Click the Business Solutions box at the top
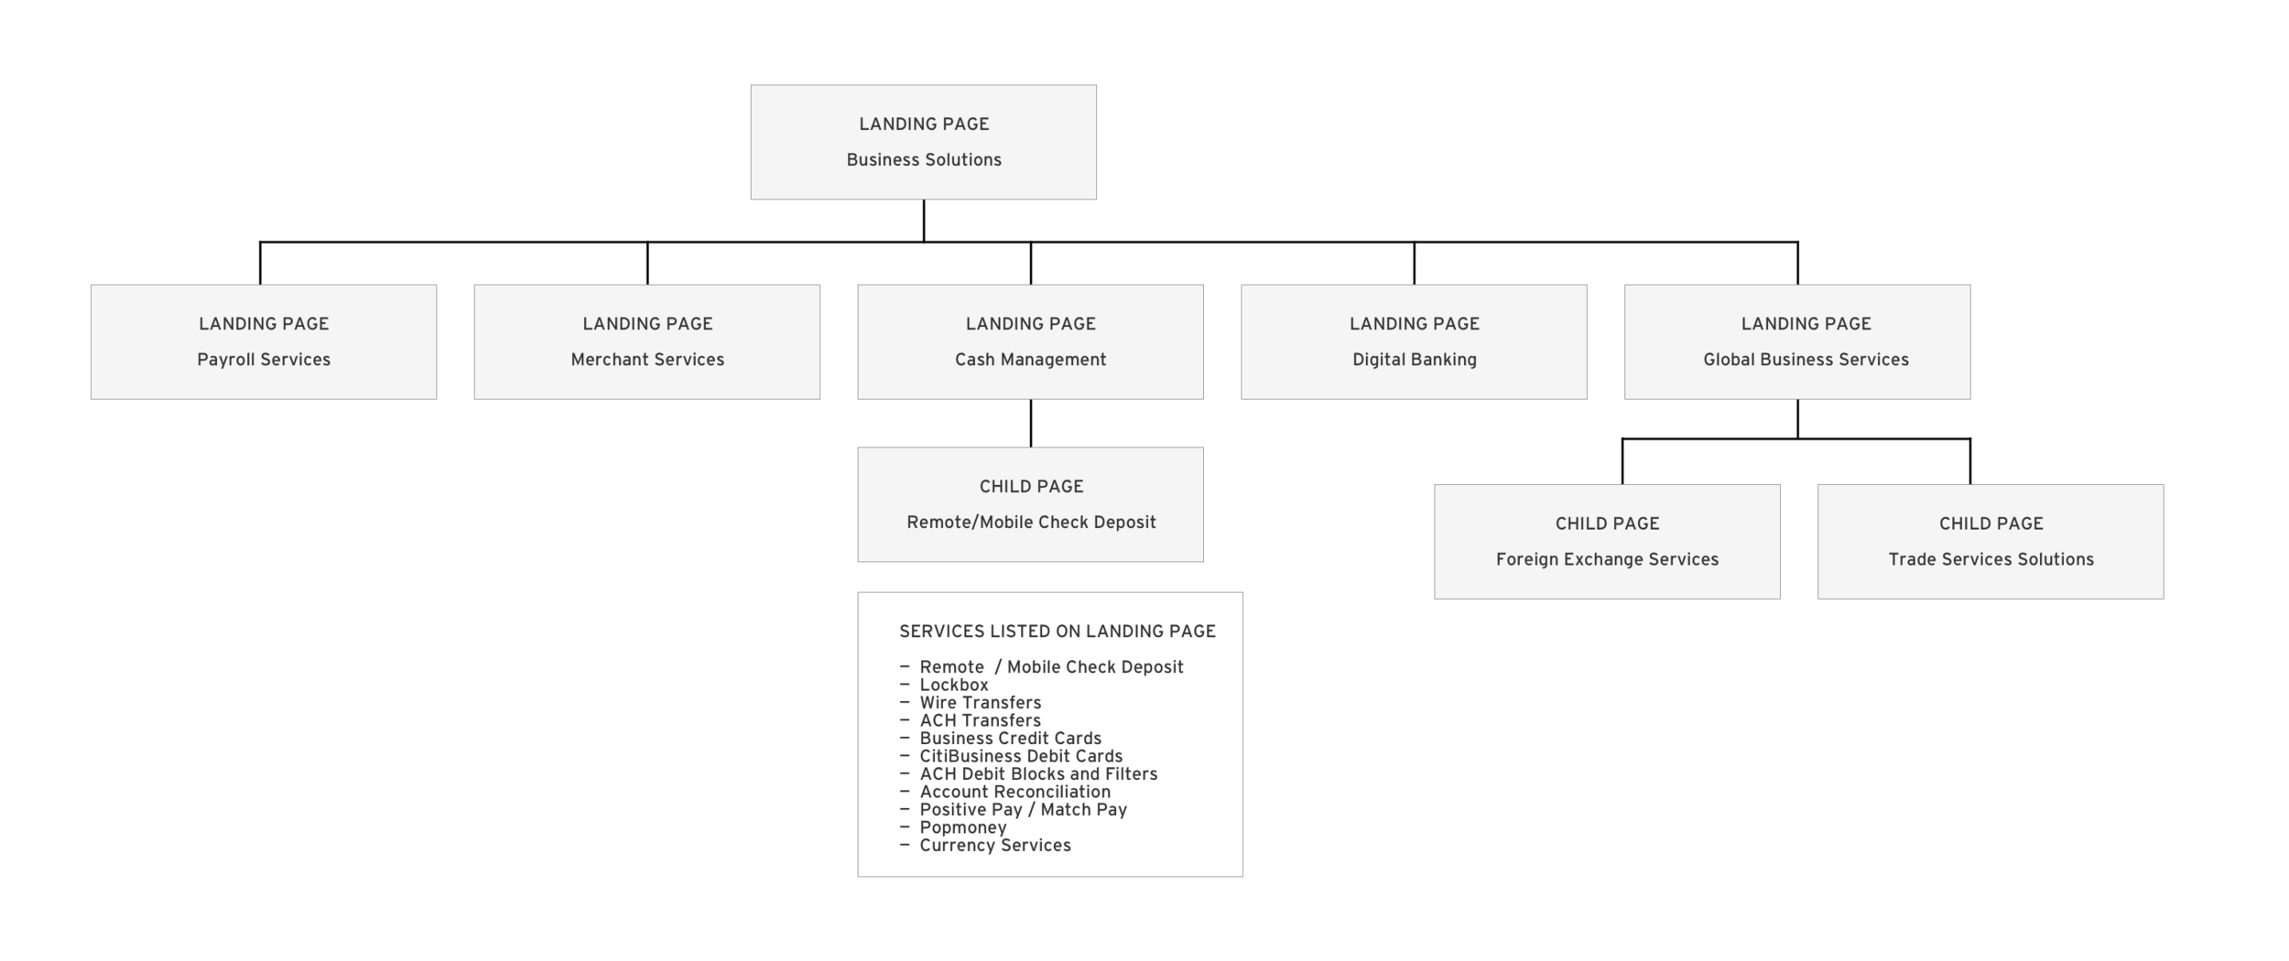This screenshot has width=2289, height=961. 923,142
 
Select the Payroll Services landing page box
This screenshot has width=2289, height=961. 264,341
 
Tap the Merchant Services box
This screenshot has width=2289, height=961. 647,341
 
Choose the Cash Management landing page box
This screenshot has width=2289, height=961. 1030,341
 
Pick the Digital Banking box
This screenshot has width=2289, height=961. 1414,341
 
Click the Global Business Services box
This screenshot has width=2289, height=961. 1797,341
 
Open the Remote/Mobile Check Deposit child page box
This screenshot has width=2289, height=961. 1030,504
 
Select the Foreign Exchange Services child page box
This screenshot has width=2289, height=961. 1607,542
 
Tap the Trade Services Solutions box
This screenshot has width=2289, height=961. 1991,542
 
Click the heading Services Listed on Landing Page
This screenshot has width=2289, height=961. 1058,632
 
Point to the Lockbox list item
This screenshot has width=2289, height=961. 954,686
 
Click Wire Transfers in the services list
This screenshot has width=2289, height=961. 981,703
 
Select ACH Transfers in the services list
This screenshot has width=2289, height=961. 980,721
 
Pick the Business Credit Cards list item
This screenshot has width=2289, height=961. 1011,739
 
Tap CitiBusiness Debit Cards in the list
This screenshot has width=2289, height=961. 1021,757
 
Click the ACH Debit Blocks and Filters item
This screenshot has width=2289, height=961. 1038,774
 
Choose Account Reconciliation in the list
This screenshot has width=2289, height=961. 1014,793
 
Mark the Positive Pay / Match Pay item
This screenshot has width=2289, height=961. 1023,810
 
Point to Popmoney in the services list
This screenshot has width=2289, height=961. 963,828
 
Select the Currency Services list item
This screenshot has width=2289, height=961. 995,846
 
